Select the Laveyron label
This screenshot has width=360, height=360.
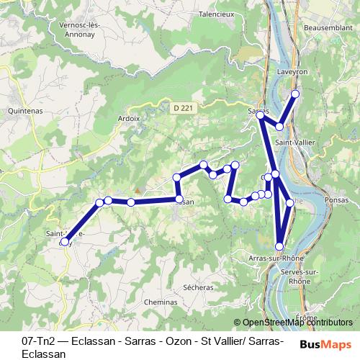point(292,73)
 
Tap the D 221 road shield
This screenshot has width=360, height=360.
point(183,108)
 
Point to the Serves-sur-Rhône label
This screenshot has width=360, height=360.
point(302,276)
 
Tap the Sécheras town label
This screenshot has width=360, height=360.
point(198,287)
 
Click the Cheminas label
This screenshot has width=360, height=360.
point(160,302)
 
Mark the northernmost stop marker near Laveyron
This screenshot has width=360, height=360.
point(295,94)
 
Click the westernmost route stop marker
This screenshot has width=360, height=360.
point(65,242)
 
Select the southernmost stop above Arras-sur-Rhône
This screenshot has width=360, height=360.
point(279,246)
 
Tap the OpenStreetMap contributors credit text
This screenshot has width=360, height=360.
point(297,322)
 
